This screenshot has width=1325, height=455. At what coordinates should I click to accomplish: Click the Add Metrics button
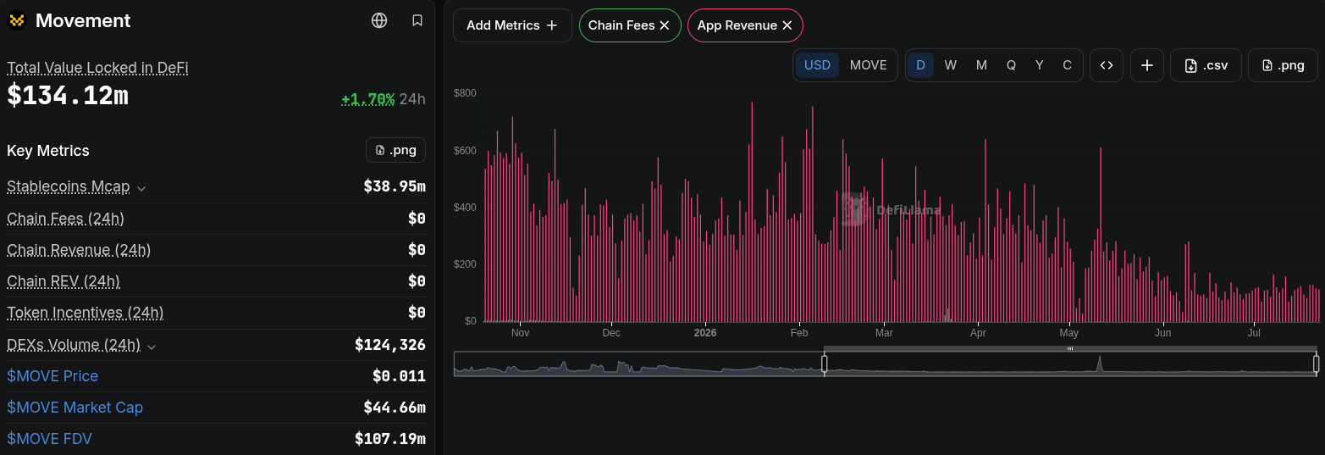512,25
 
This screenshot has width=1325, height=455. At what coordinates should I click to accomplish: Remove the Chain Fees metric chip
665,25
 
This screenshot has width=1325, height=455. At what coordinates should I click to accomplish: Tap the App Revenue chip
745,25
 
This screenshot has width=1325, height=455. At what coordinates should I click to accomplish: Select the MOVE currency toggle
868,65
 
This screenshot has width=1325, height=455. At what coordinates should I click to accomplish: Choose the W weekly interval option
950,65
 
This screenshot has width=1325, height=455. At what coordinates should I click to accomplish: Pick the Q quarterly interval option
1011,65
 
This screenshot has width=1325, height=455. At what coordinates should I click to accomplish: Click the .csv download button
1206,65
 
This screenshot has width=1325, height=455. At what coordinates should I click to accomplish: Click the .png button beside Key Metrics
395,150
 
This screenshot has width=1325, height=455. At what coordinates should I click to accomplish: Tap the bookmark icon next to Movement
417,20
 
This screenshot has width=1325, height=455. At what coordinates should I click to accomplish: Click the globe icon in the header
379,20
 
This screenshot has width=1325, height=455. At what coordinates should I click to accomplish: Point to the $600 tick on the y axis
465,150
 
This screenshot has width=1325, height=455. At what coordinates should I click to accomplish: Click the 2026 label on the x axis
705,332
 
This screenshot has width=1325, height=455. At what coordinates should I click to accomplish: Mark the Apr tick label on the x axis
978,332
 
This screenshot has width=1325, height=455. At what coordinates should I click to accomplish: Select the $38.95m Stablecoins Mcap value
395,186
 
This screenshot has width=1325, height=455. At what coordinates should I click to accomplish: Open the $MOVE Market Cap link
75,407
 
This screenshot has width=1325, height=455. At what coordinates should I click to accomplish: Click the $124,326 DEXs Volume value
389,344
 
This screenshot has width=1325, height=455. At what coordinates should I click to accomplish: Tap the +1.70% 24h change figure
368,99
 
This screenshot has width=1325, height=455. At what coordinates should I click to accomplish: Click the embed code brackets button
1106,65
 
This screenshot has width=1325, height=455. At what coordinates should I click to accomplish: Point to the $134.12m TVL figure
68,95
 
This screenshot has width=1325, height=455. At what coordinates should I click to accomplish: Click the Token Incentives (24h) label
86,313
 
